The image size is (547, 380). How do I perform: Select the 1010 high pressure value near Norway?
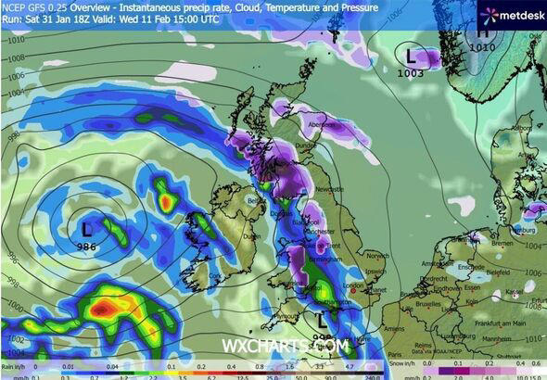481,45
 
